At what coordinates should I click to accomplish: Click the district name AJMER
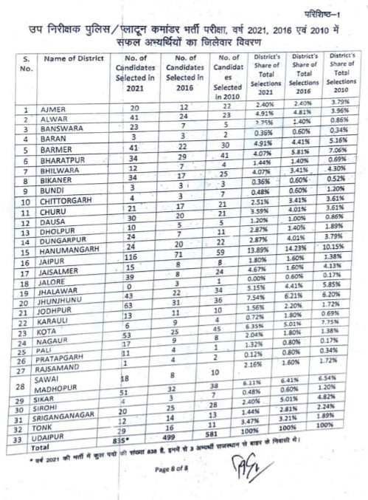click(x=56, y=110)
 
